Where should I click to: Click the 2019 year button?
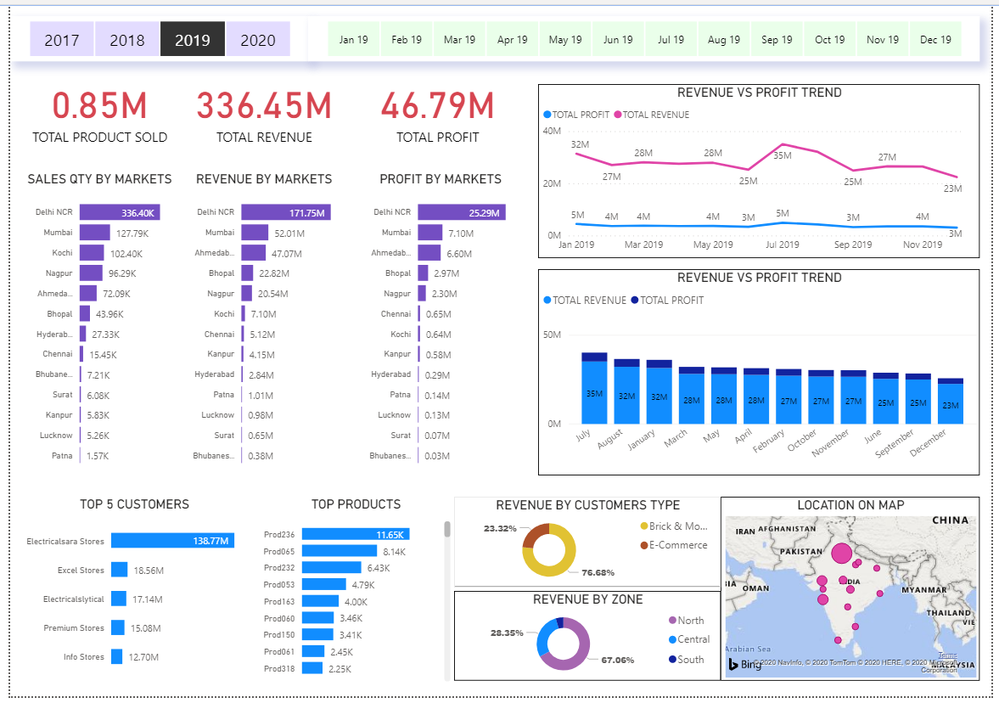[192, 40]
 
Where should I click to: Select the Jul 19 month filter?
[671, 39]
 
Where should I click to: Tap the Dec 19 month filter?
[935, 39]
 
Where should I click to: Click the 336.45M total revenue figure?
[264, 106]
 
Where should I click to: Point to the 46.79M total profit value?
[437, 106]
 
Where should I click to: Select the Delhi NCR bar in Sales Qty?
[120, 212]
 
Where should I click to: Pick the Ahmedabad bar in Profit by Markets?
[429, 253]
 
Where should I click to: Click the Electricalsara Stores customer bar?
[172, 540]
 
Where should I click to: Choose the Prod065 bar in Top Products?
[327, 551]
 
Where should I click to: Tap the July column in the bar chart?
[594, 388]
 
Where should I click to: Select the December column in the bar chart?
[950, 402]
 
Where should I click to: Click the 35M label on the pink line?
[782, 155]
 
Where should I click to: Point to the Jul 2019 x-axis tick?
[782, 245]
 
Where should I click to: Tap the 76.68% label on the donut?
[598, 572]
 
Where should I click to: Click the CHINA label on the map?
[950, 520]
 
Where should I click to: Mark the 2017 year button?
[62, 40]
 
